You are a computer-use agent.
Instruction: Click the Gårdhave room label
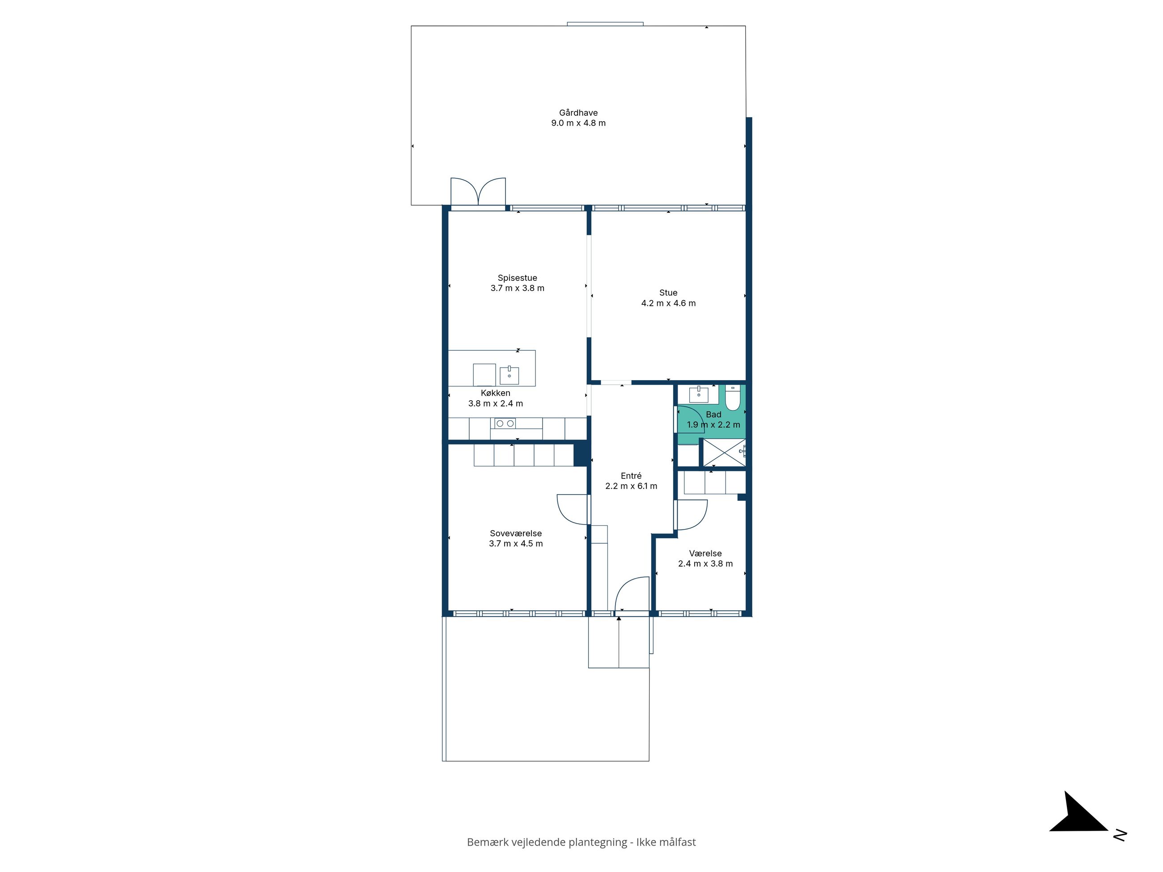coord(578,113)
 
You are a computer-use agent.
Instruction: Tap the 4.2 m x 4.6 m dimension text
coord(668,303)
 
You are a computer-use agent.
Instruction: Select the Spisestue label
coord(518,278)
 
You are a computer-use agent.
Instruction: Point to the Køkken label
coord(495,393)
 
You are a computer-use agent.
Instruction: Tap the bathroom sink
coord(699,394)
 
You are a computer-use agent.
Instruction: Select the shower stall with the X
coord(725,452)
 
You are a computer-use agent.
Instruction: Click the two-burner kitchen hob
coord(505,423)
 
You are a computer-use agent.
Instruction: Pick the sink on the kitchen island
coord(509,375)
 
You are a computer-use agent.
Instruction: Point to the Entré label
coord(631,476)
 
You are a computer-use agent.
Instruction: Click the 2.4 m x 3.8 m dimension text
coord(705,563)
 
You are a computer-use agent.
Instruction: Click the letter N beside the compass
coord(1120,835)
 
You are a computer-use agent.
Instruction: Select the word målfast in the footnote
coord(675,842)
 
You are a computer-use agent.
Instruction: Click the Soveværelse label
coord(516,533)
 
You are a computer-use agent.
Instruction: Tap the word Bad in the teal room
coord(713,415)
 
